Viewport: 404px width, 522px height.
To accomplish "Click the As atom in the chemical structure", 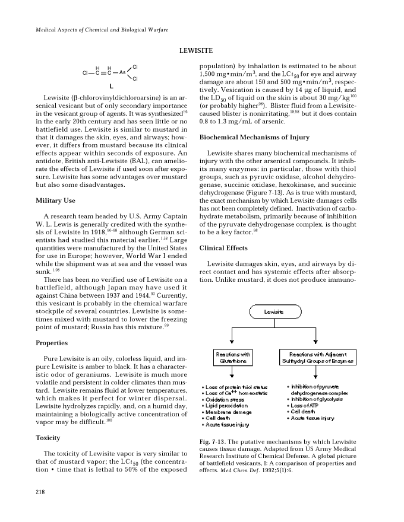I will point(122,73).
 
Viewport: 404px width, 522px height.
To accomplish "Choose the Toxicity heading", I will point(48,438).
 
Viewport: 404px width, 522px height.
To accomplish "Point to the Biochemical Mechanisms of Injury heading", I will point(254,138).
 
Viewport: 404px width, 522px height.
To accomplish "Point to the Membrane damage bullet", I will point(228,412).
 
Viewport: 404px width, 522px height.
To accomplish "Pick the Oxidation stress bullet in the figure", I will point(226,399).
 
